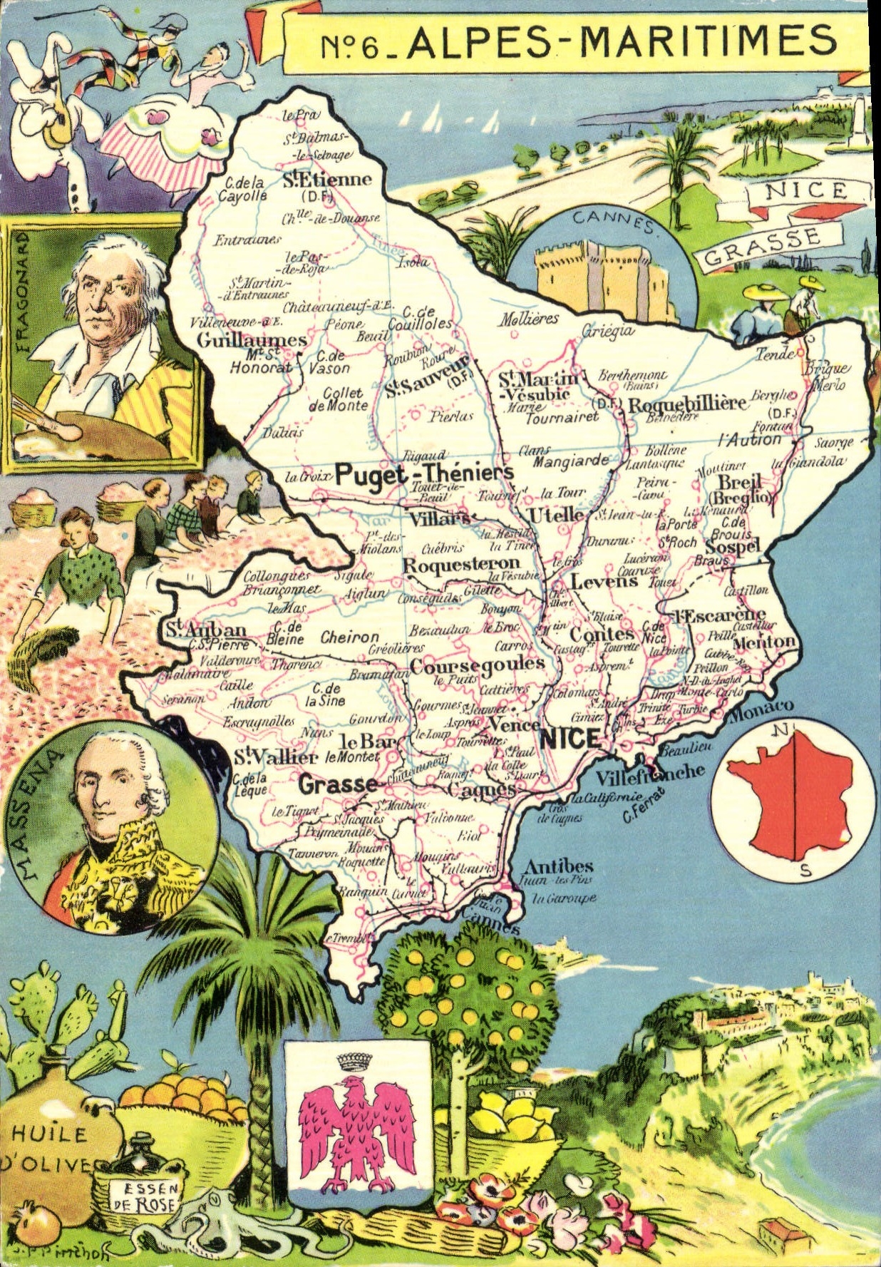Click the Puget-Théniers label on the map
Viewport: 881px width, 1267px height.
pyautogui.click(x=424, y=473)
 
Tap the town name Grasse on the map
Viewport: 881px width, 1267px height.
pyautogui.click(x=338, y=784)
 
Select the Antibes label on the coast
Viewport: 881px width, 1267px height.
pyautogui.click(x=558, y=866)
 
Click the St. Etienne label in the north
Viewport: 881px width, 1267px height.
pyautogui.click(x=327, y=180)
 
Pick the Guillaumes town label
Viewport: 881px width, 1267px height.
pyautogui.click(x=252, y=340)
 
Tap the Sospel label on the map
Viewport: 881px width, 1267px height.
pyautogui.click(x=733, y=547)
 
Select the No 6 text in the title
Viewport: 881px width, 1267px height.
pyautogui.click(x=351, y=46)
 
